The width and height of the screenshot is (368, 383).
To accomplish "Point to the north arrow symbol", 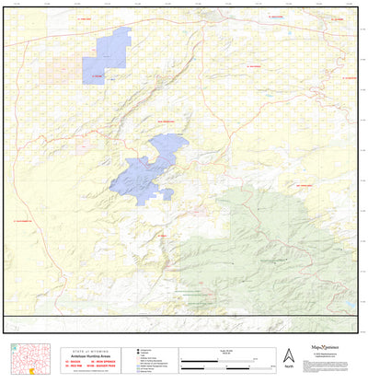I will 288,354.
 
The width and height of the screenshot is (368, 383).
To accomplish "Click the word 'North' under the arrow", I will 288,365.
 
